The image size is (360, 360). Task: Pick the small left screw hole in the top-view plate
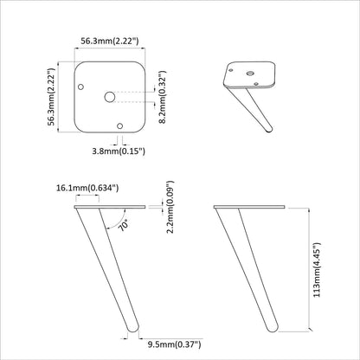coord(81,87)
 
